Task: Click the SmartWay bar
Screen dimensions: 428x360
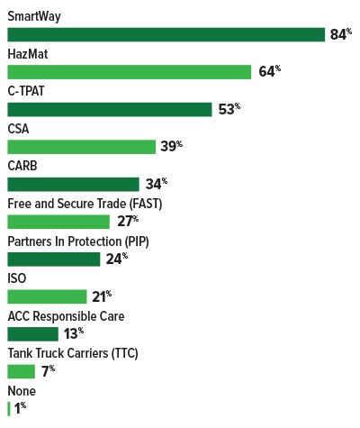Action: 166,34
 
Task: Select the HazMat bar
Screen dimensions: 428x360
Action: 129,72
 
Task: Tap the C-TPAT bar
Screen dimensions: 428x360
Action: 110,109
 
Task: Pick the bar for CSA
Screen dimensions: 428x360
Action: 81,147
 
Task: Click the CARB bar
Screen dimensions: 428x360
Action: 73,184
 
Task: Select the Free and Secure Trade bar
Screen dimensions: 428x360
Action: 58,222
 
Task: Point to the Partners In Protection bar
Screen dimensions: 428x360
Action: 53,259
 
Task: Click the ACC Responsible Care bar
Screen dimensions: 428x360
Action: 32,333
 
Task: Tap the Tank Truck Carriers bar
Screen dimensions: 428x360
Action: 21,371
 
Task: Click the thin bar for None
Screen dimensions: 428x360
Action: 8,408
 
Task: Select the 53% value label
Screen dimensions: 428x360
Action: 229,109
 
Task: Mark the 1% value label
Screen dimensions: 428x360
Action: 19,408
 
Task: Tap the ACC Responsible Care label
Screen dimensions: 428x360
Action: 66,315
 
